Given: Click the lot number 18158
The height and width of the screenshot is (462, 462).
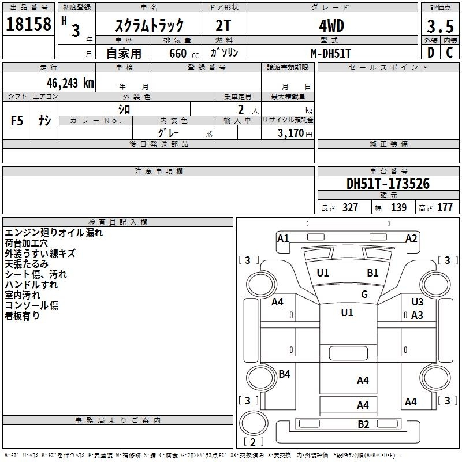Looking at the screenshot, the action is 28,24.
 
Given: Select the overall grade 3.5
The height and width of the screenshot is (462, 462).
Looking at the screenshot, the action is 440,26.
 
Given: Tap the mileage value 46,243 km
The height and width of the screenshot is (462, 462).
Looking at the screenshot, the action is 70,83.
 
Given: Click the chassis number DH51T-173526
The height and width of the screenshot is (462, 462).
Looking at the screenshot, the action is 388,184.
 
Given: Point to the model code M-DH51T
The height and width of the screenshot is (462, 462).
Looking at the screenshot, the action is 331,53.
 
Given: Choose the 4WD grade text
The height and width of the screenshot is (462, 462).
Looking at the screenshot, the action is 331,26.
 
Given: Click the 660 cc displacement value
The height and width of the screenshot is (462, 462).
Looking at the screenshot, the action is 184,54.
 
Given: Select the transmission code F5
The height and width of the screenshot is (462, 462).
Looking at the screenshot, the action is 17,121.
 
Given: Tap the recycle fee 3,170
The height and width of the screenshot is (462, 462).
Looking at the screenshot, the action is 290,133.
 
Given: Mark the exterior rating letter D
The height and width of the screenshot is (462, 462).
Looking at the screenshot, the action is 431,53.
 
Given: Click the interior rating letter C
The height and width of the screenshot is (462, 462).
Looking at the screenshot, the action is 449,53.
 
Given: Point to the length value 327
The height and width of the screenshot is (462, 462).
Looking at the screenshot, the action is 350,207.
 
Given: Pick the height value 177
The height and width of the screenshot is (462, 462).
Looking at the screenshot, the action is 445,207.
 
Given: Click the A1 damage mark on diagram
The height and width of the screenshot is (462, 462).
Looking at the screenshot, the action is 283,238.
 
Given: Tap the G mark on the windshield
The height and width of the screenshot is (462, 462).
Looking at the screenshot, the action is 364,294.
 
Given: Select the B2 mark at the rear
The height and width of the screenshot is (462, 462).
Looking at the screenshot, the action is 363,424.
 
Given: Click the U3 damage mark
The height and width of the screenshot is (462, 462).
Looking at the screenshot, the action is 417,301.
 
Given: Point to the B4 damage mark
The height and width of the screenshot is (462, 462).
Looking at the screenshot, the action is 284,374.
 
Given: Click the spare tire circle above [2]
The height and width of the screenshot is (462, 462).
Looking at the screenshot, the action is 254,423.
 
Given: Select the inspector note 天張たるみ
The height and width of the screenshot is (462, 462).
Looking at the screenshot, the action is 26,264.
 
